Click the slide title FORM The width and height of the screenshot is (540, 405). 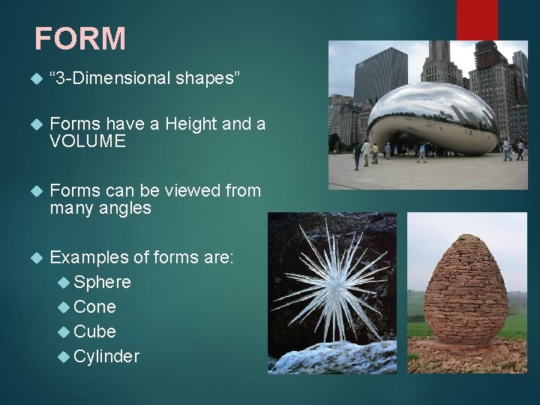(80, 39)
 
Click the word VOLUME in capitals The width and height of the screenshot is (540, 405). (87, 142)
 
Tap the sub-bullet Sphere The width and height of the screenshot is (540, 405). (102, 282)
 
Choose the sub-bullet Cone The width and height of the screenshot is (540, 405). (94, 307)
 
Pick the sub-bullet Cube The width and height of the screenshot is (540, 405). (94, 331)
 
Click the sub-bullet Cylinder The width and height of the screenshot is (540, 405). (106, 356)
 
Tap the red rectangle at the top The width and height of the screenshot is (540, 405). (477, 19)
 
